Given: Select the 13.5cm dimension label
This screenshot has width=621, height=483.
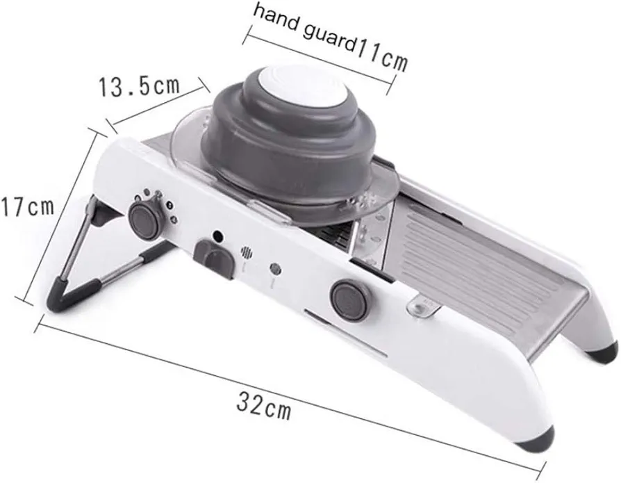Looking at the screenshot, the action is (139, 87).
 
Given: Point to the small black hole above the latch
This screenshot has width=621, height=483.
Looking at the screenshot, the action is (217, 236).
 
